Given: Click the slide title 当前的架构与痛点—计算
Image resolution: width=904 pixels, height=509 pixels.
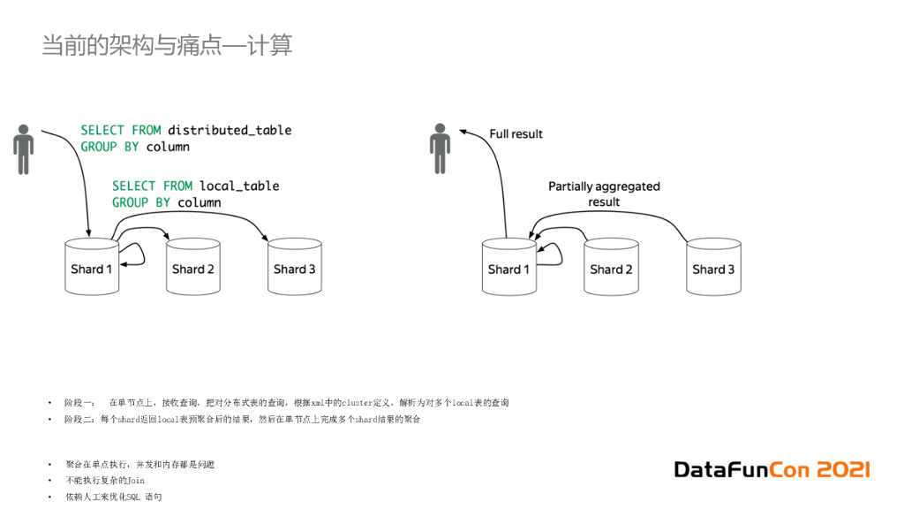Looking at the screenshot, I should (167, 45).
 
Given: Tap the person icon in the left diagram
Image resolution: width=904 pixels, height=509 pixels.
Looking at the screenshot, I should (24, 149).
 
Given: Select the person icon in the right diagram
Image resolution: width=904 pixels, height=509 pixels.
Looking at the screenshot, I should (440, 149).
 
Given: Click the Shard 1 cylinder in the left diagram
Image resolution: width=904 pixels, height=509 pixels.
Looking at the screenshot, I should (92, 267).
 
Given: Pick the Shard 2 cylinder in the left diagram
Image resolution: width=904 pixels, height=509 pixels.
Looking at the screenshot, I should (193, 267).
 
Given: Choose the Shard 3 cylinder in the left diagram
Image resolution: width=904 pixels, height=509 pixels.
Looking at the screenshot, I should (295, 267).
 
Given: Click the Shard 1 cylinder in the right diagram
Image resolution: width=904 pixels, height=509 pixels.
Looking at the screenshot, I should (508, 267).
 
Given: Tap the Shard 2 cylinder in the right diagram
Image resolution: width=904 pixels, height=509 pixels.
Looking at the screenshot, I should (611, 267).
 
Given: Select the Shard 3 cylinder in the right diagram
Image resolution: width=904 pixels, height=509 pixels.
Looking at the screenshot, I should (713, 267).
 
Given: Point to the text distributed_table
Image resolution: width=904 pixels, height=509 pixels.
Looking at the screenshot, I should (230, 130).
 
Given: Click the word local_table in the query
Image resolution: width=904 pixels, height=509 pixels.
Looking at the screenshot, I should (239, 186).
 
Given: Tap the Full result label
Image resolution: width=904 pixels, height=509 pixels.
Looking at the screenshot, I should (516, 134).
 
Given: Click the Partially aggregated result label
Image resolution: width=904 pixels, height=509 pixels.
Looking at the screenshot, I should (604, 194).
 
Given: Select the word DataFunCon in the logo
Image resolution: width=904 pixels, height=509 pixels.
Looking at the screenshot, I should (742, 469).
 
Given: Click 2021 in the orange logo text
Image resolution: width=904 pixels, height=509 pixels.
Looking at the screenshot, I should (842, 469).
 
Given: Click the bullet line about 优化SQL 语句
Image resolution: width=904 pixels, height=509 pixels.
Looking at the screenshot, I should (113, 498).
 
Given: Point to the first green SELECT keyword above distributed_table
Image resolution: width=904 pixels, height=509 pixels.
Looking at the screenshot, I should (103, 130).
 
